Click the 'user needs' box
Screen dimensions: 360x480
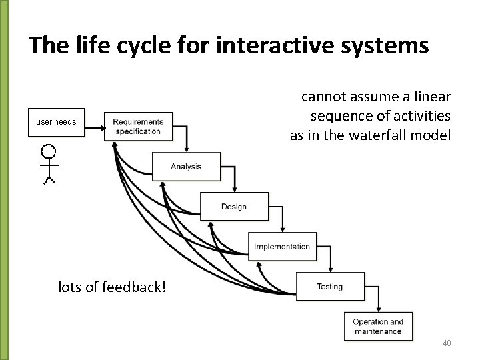pyautogui.click(x=57, y=122)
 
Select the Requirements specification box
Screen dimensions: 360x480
pyautogui.click(x=138, y=126)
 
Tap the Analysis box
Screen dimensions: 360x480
pyautogui.click(x=186, y=166)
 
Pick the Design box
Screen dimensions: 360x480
pyautogui.click(x=234, y=207)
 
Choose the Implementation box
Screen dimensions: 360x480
pyautogui.click(x=282, y=247)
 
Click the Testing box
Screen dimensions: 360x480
pyautogui.click(x=330, y=287)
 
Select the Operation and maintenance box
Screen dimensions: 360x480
pyautogui.click(x=378, y=327)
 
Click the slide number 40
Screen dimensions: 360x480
pyautogui.click(x=447, y=343)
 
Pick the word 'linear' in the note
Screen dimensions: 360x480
pyautogui.click(x=433, y=97)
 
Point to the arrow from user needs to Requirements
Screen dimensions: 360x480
pyautogui.click(x=94, y=123)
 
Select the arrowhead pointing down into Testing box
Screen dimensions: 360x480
pyautogui.click(x=331, y=269)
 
